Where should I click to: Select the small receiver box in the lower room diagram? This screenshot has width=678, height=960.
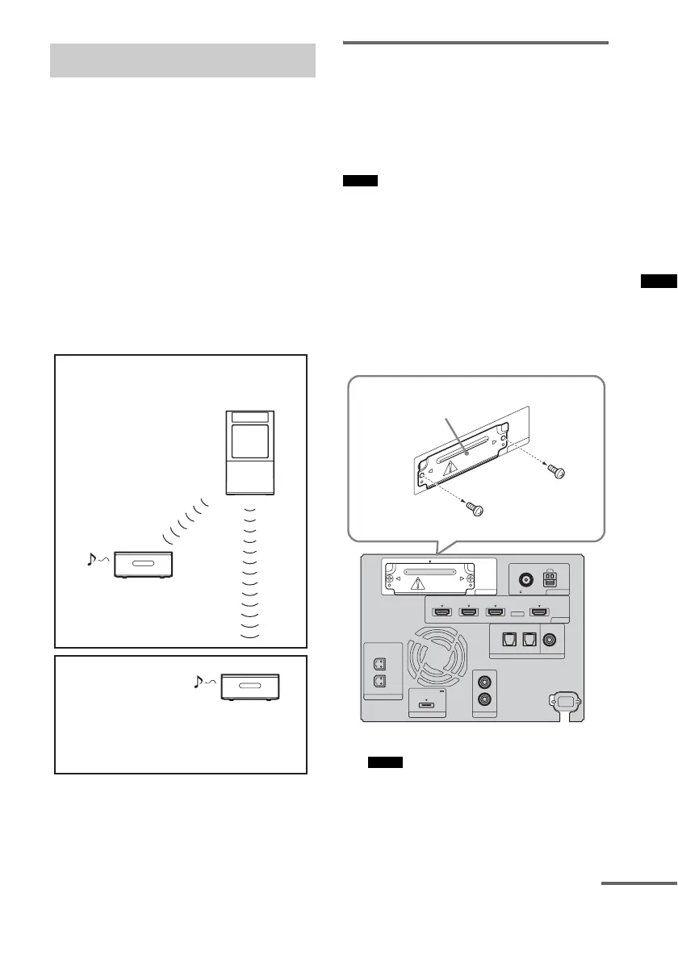[x=252, y=687]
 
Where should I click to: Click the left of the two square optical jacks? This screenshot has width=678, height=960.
[x=505, y=637]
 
